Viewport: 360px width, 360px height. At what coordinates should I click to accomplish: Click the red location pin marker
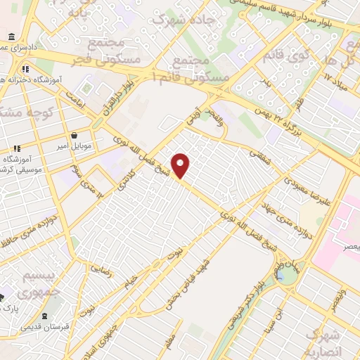point(181,165)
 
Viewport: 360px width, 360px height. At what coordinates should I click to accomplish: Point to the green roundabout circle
point(287,275)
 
